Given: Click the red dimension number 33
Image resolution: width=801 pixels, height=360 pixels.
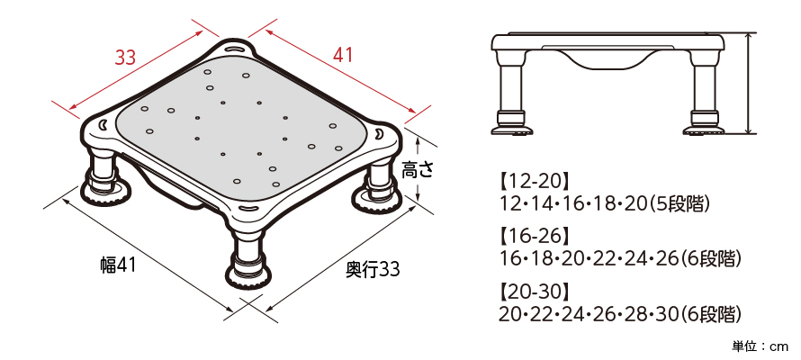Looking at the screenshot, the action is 124,58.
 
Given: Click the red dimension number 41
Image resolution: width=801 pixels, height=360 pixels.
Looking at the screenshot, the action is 343,54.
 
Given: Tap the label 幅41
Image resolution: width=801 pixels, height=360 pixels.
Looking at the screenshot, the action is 118,265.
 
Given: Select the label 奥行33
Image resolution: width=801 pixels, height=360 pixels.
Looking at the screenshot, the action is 373,270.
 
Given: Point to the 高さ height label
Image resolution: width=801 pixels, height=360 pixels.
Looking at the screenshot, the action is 417,170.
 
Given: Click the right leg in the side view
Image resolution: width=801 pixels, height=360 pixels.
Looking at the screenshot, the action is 707,93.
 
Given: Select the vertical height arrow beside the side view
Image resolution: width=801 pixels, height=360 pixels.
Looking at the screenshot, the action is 749,83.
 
